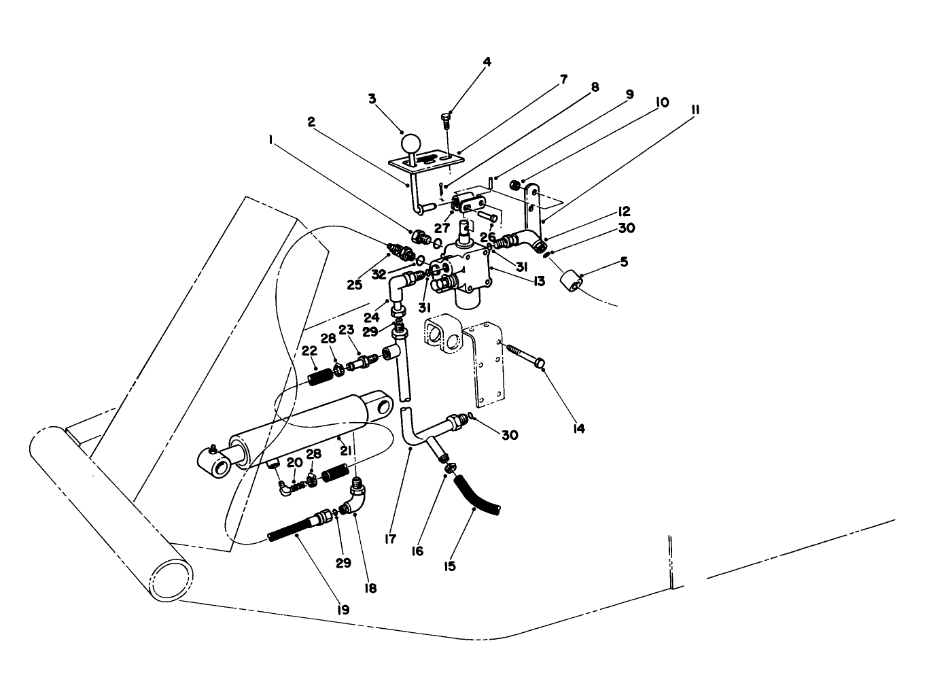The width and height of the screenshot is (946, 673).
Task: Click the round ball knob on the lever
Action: point(411,145)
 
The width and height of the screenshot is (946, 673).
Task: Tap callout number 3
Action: point(372,99)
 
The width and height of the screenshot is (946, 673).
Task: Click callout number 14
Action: point(578,429)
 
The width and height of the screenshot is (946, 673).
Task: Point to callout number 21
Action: point(346,451)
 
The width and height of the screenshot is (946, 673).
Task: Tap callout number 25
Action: point(355,285)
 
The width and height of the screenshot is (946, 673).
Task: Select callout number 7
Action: point(563,80)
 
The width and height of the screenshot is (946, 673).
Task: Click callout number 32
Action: point(379,275)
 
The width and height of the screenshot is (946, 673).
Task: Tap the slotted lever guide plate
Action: point(428,160)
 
